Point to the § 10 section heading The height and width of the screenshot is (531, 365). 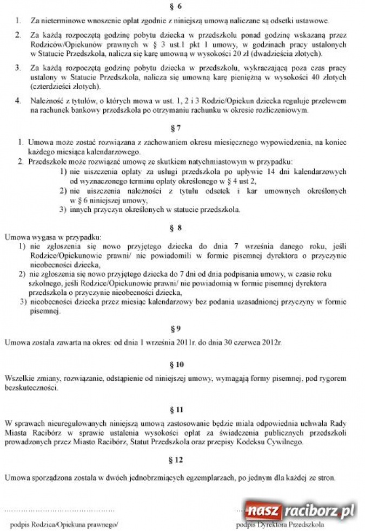(x=180, y=364)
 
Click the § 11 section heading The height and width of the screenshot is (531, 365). (x=180, y=407)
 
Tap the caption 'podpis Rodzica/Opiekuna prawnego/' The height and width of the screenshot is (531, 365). (x=60, y=524)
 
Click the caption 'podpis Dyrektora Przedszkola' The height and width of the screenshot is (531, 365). (x=280, y=524)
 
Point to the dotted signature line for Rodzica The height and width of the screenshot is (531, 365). (x=59, y=510)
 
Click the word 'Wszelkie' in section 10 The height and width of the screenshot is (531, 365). (x=18, y=378)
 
